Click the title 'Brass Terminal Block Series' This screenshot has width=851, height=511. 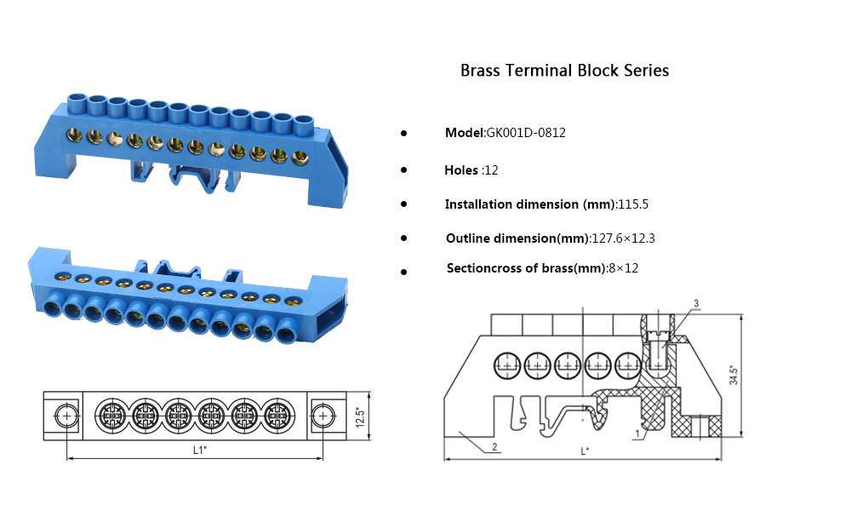[564, 70]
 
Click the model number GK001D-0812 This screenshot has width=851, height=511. [526, 133]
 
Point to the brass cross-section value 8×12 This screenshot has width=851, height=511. [622, 268]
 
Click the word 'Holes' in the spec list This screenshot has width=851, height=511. [461, 170]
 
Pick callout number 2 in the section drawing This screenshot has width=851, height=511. [494, 446]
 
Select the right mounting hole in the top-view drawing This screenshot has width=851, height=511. [323, 416]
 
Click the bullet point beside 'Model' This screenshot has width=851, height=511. [403, 134]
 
